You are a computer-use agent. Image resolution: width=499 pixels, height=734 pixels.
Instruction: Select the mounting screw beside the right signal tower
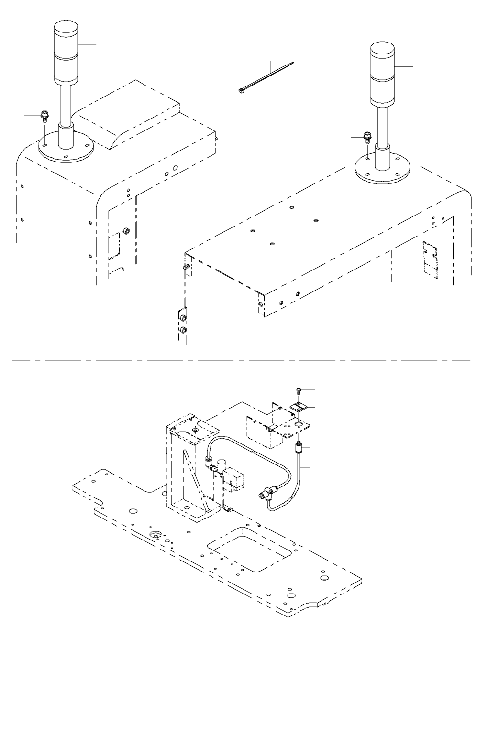coord(368,137)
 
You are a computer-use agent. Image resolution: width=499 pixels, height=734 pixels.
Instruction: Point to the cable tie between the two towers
coord(266,77)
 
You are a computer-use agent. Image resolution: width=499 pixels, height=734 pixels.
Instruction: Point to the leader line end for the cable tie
coord(270,62)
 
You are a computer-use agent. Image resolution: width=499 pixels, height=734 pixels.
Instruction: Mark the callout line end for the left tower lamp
coord(96,45)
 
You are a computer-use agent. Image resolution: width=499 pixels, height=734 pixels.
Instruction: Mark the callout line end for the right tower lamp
coord(412,66)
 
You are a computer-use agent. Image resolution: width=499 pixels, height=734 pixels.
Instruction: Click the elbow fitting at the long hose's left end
coord(209,461)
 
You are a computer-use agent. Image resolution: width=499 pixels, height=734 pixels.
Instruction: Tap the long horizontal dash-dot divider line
coord(239,360)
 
